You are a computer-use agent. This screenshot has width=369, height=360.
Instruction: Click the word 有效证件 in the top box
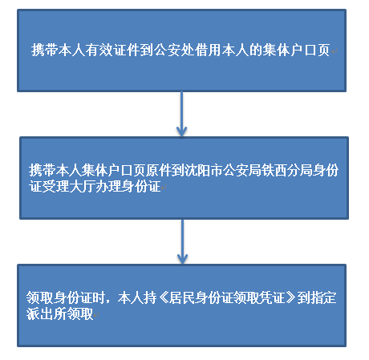tap(112, 50)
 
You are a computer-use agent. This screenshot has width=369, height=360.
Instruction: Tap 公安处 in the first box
tap(174, 50)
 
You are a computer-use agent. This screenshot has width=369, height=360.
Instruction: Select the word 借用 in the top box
tap(208, 50)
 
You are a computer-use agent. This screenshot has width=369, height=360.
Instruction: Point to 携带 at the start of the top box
tap(45, 50)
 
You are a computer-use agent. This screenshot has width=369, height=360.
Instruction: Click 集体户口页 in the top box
tap(296, 50)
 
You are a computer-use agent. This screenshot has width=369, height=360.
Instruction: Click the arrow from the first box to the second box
tap(181, 114)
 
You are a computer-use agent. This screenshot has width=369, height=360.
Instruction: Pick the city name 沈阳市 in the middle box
tap(204, 170)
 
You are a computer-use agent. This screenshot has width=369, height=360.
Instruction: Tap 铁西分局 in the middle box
tap(287, 170)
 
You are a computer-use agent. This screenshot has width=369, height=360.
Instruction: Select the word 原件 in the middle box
tap(159, 170)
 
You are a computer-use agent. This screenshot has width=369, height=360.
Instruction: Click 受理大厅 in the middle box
tap(68, 186)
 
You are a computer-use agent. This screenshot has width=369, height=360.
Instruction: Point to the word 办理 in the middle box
tap(107, 186)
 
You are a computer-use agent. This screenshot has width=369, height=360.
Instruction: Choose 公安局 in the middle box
tap(242, 170)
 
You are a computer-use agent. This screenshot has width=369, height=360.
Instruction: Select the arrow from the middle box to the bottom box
tap(182, 241)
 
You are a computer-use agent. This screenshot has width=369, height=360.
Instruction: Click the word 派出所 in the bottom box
tap(47, 313)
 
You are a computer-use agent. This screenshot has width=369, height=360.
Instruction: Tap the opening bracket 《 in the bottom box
tap(163, 297)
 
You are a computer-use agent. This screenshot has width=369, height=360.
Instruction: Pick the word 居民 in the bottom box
tap(182, 297)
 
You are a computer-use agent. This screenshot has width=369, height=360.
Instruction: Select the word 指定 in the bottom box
tap(323, 297)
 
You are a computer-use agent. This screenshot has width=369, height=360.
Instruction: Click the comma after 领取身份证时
tap(107, 302)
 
